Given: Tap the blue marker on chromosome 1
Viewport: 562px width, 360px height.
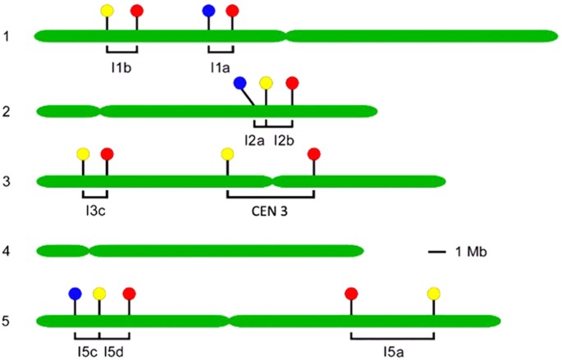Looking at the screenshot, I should [208, 11].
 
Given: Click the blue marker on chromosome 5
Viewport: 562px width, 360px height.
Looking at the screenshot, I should [75, 293].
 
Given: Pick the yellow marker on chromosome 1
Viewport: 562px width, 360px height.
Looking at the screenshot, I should [107, 11].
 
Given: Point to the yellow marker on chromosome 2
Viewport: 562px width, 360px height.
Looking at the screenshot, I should [266, 83].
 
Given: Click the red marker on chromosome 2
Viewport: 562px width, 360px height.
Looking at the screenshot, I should [292, 83].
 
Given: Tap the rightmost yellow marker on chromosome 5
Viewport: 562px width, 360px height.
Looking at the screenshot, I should [434, 293].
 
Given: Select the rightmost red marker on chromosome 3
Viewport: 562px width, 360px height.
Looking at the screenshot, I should [313, 154].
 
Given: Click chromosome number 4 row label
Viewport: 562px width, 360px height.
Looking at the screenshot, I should [6, 250].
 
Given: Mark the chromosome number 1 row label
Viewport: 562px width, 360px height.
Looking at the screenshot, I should [6, 36].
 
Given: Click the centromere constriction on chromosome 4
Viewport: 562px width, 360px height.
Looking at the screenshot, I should [89, 250].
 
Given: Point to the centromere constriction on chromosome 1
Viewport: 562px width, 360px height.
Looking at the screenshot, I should [284, 36].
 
